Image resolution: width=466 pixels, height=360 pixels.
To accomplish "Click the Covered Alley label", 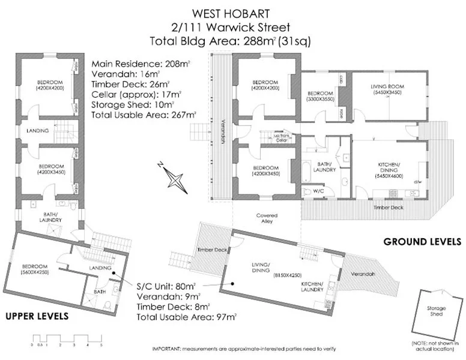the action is click(x=267, y=218).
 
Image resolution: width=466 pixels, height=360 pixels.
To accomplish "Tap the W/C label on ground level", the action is click(x=310, y=192).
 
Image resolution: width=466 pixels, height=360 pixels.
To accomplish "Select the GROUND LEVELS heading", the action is click(x=422, y=242).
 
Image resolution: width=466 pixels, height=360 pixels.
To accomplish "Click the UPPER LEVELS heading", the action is click(x=37, y=316).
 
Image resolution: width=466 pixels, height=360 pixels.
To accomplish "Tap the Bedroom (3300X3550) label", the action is click(x=320, y=97).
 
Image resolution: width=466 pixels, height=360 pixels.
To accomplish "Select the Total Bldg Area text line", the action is click(x=231, y=41).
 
